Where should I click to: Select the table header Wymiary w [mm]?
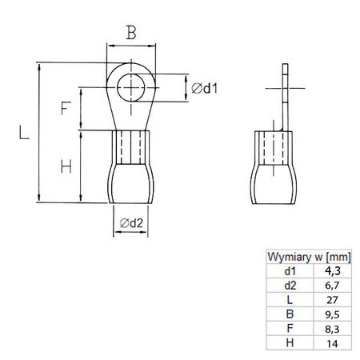pos(306,256)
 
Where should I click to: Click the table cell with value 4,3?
pos(330,270)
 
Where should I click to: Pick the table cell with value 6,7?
pos(330,285)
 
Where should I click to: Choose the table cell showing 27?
pos(330,299)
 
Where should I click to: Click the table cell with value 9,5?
pos(330,314)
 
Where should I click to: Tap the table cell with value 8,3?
pos(330,328)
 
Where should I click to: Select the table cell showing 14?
pos(330,342)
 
